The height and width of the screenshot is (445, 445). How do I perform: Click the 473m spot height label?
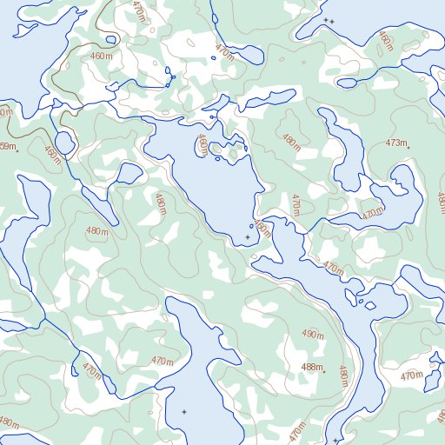tap(396, 143)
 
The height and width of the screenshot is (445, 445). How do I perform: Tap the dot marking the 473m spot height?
tap(408, 145)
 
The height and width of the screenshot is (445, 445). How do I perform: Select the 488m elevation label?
tap(311, 368)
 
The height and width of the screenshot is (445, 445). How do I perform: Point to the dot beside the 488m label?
tap(323, 372)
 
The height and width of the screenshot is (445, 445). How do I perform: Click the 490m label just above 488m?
tap(313, 334)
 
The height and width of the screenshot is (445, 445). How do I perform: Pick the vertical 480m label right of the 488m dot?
tap(343, 376)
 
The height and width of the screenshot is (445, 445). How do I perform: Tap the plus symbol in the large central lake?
tap(248, 236)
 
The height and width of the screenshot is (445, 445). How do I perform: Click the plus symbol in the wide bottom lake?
tap(183, 411)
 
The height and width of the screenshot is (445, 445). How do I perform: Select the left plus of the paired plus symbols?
tap(325, 19)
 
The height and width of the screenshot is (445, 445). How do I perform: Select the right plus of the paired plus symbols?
tap(331, 20)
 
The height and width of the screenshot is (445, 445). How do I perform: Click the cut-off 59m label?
tap(7, 147)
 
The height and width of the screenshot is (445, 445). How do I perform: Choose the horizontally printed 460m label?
tap(102, 56)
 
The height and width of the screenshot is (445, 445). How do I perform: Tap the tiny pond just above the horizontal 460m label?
tap(110, 39)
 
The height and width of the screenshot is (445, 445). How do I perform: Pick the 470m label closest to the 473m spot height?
tap(373, 213)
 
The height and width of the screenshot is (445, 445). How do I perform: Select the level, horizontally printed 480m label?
tap(97, 231)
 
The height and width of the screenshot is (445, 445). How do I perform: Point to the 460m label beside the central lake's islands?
tap(203, 144)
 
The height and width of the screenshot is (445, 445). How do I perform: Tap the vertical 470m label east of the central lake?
tap(296, 204)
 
